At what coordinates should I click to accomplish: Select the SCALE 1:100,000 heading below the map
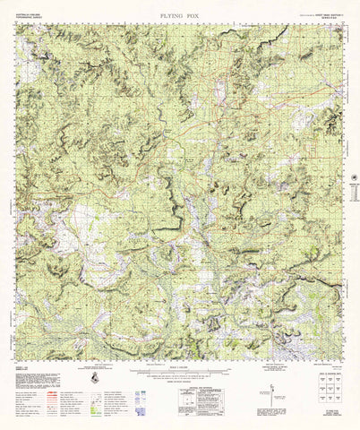tap(180, 349)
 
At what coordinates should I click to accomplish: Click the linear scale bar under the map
tap(180, 356)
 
